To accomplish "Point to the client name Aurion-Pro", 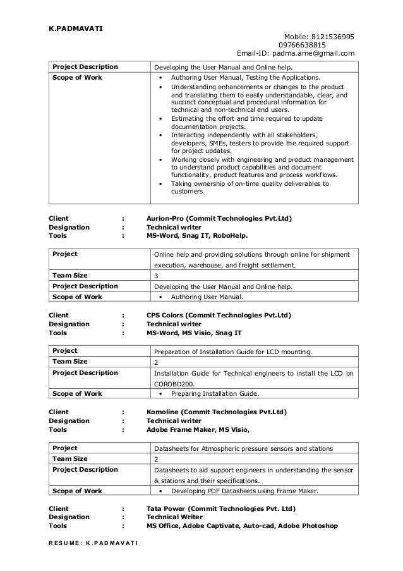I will pos(167,219).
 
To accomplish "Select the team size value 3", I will pos(157,276).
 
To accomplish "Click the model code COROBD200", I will pos(174,383).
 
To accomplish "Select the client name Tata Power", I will pos(169,508).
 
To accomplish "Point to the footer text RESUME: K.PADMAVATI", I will pos(91,544).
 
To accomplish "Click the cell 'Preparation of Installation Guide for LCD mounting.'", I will pos(233,352).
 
